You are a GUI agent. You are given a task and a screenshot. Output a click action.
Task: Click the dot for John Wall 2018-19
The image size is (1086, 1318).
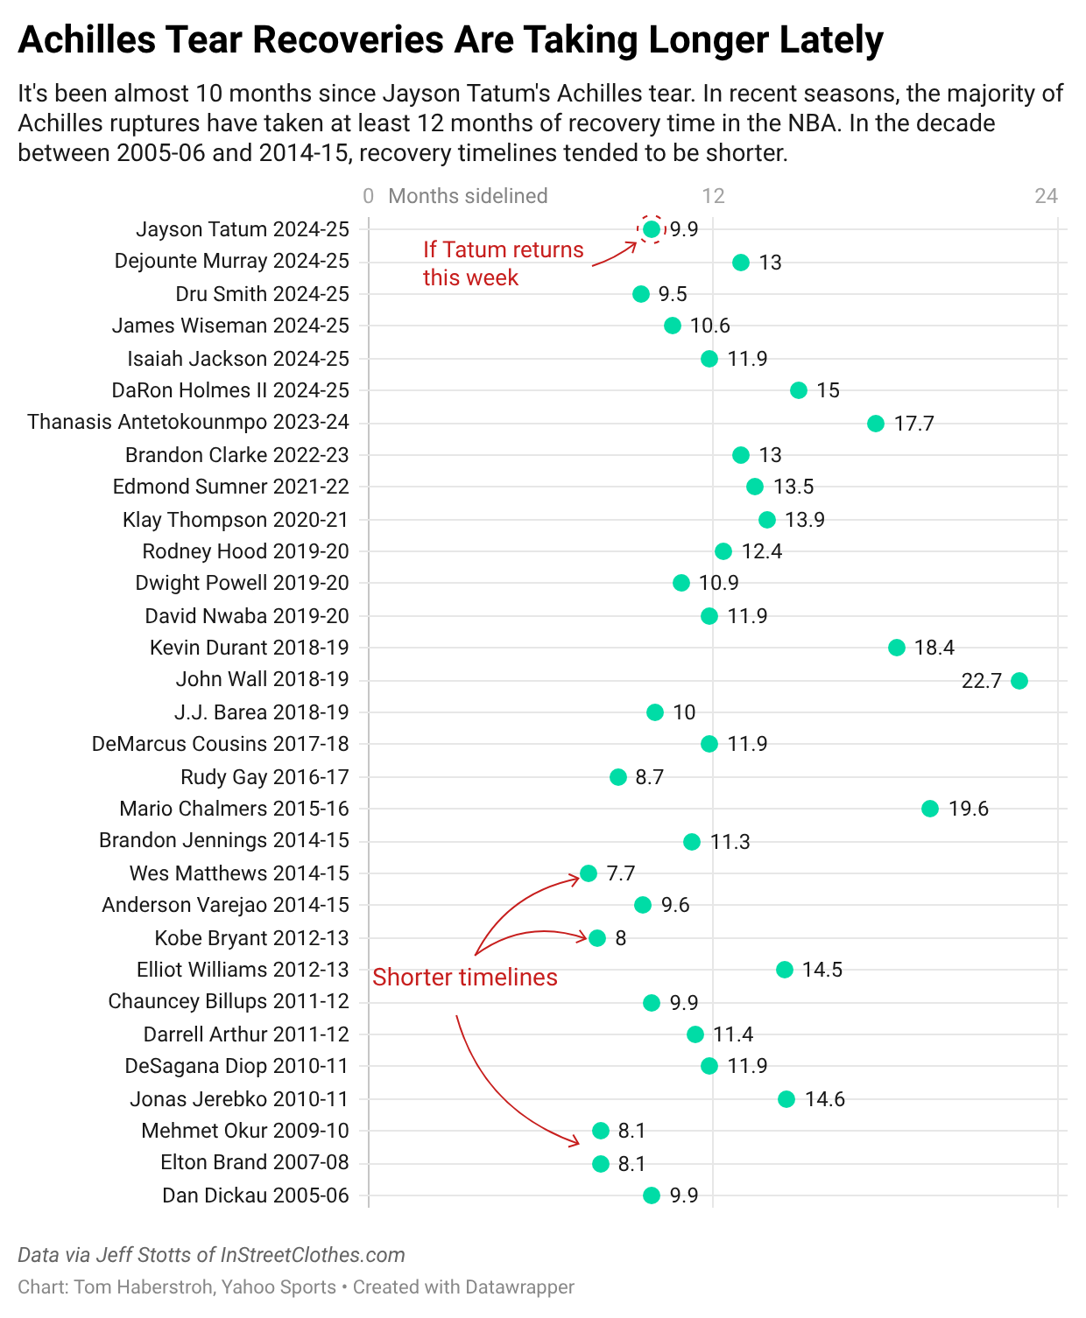click(1019, 680)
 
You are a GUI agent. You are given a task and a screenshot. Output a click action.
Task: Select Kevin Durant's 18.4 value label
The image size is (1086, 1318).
click(934, 648)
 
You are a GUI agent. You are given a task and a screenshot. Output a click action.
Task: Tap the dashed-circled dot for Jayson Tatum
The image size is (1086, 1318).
click(651, 229)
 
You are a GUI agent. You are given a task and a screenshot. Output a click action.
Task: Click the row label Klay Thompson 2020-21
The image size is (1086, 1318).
click(235, 520)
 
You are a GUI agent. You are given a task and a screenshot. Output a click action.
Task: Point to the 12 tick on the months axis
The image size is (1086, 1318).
click(714, 196)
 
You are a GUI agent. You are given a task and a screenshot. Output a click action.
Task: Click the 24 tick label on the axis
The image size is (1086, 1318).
click(1046, 196)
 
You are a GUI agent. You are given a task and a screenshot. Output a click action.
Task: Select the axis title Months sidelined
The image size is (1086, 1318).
click(468, 196)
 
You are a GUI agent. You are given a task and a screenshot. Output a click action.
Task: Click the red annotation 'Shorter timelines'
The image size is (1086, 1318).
click(465, 977)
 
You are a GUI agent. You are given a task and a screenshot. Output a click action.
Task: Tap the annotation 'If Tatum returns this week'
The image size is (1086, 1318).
click(503, 263)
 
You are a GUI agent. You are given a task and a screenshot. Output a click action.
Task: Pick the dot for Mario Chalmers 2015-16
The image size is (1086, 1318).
click(930, 809)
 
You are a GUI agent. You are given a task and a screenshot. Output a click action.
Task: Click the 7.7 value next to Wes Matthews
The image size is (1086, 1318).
click(620, 873)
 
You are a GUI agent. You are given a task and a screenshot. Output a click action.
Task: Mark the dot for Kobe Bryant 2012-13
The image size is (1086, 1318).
click(597, 938)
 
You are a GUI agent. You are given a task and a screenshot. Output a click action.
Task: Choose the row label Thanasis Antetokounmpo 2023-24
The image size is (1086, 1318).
click(188, 422)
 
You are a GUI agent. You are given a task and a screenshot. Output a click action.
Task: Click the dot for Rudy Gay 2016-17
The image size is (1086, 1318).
click(618, 776)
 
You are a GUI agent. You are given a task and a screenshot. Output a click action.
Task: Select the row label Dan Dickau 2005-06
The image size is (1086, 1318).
click(255, 1195)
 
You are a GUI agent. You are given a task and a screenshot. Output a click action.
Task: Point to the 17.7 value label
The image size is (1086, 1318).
click(913, 424)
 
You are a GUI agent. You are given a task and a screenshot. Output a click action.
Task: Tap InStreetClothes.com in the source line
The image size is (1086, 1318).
click(313, 1255)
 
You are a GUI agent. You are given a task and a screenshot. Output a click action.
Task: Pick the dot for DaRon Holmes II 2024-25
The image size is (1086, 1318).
click(799, 390)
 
